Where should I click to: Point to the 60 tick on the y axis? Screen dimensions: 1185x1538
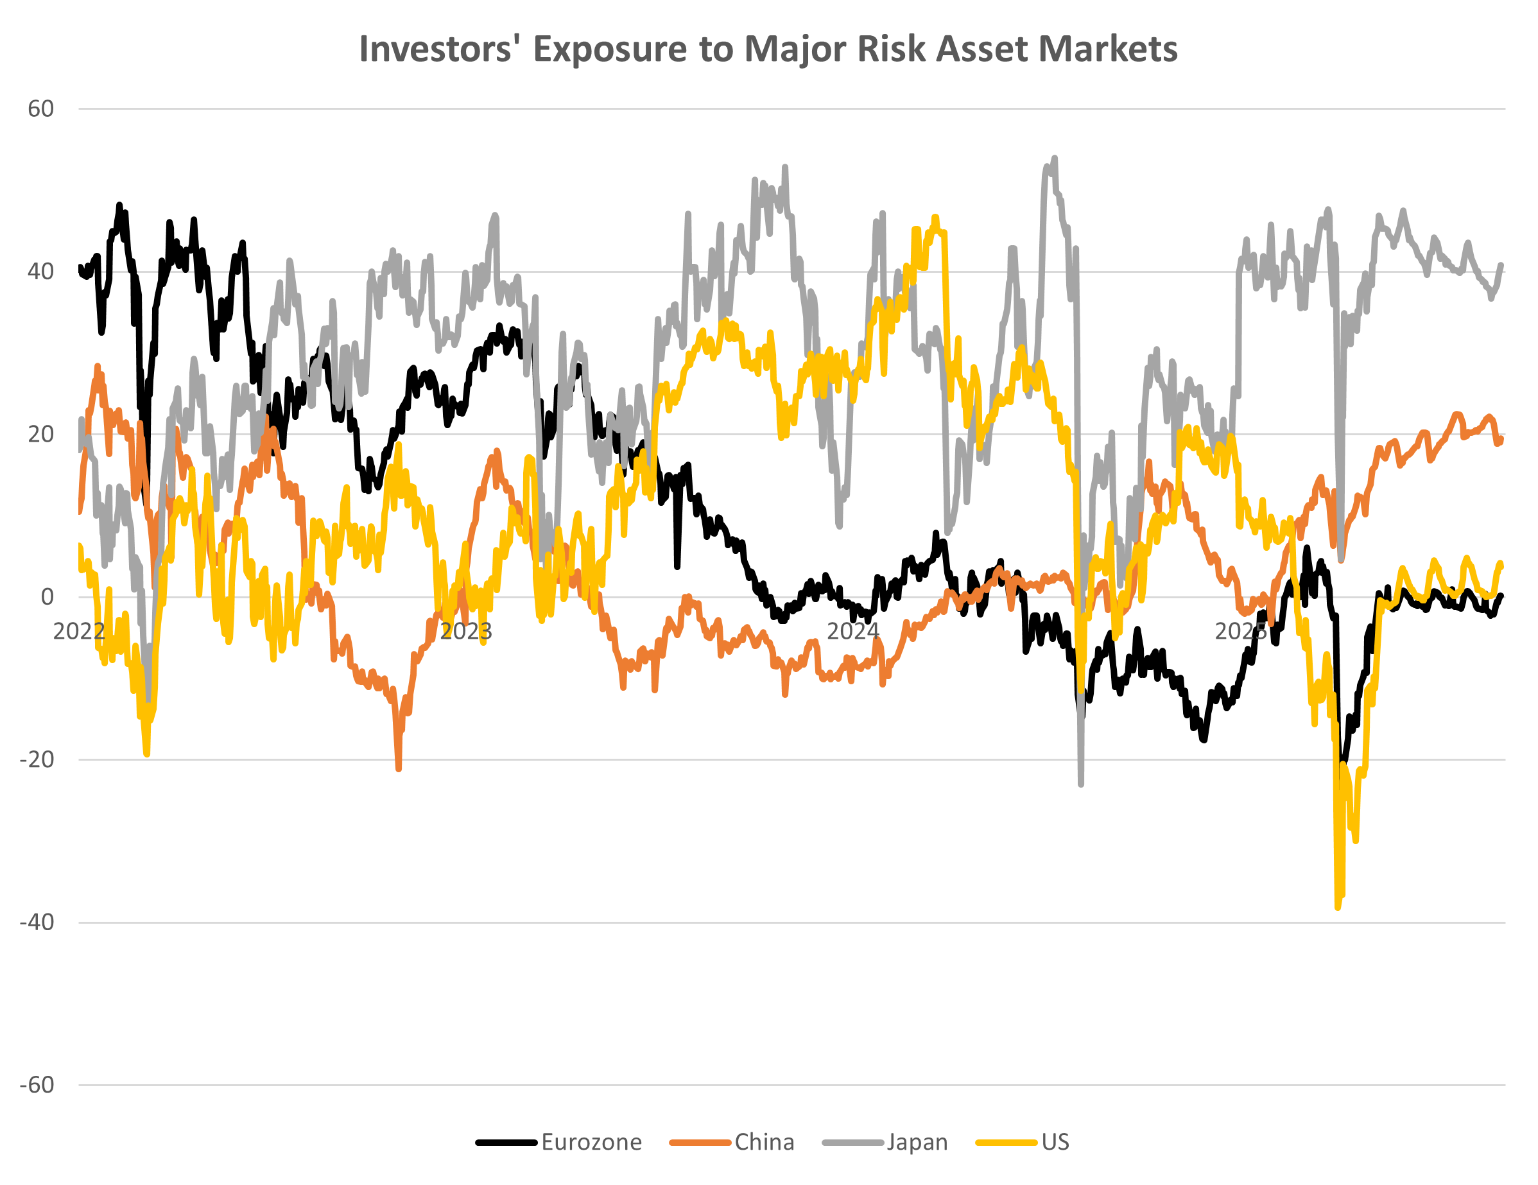click(41, 109)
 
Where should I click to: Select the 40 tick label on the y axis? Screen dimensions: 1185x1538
click(41, 272)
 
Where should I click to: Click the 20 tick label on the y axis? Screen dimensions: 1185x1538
click(41, 435)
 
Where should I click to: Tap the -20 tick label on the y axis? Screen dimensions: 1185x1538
click(37, 760)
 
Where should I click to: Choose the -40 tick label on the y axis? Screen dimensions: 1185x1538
click(37, 922)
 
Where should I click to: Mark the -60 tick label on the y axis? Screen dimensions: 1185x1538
click(37, 1085)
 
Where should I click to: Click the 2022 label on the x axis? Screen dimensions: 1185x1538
click(79, 632)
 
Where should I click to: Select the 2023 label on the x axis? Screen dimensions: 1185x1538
click(465, 632)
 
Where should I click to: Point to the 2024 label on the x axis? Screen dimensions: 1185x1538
click(853, 632)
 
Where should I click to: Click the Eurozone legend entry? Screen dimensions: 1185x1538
click(591, 1142)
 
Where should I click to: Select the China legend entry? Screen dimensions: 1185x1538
click(764, 1142)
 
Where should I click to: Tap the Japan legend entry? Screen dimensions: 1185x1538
click(917, 1142)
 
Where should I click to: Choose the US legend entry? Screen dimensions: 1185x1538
click(1055, 1142)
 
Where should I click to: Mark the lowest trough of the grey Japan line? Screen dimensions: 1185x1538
click(1081, 784)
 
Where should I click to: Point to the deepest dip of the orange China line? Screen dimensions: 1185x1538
click(399, 769)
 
